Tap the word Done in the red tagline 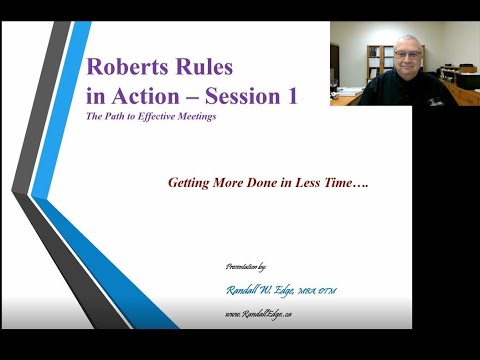[257, 184]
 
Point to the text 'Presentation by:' [249, 270]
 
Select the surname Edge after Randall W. [299, 290]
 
